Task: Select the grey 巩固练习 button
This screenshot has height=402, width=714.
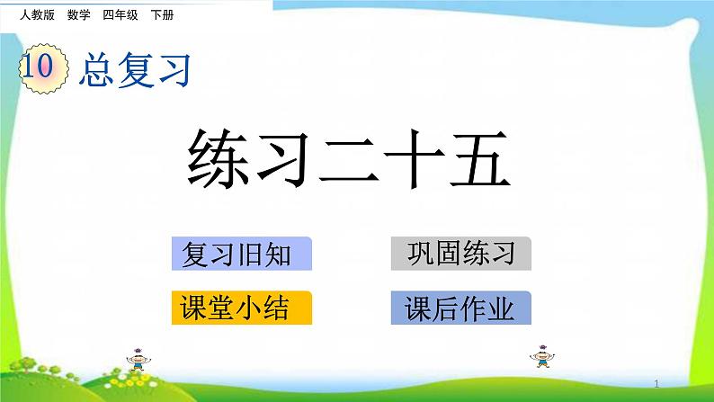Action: click(461, 254)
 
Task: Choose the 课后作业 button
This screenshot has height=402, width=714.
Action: click(461, 308)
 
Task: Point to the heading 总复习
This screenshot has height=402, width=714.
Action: click(135, 70)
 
